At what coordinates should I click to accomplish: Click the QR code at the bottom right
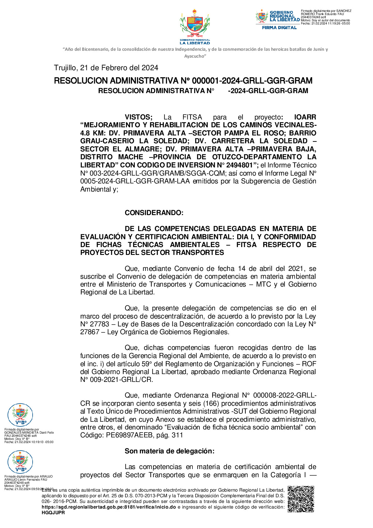click(x=301, y=499)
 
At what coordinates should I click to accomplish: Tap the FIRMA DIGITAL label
click(x=279, y=28)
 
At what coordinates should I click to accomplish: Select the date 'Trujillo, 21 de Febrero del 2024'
click(x=106, y=68)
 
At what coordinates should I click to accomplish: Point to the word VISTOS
click(x=138, y=117)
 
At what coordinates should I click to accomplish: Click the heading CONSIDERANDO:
click(x=154, y=213)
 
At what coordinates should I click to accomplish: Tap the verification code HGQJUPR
click(x=53, y=513)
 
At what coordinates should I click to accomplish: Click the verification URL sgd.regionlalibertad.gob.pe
click(x=109, y=507)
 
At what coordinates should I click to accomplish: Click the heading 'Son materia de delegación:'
click(x=170, y=451)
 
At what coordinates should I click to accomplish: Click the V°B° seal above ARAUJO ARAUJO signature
click(x=20, y=462)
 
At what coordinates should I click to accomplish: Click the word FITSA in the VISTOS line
click(x=192, y=117)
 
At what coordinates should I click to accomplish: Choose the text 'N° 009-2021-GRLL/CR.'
click(x=117, y=380)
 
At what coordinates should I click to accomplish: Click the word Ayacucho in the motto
click(x=194, y=56)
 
